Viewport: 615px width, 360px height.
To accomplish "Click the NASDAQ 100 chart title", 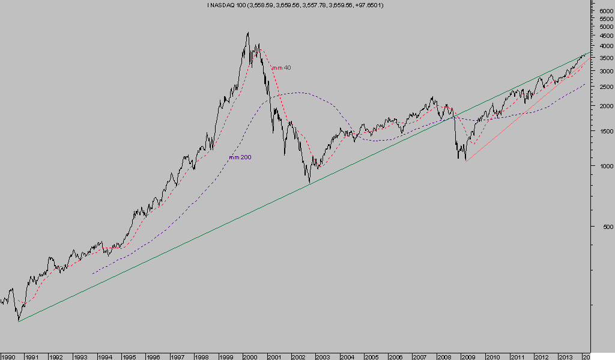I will (295, 5).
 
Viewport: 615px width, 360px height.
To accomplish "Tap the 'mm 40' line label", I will (281, 68).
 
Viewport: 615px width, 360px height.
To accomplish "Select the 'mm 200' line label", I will (240, 157).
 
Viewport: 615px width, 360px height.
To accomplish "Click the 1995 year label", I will (129, 356).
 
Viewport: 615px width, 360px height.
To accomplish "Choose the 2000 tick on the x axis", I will (250, 356).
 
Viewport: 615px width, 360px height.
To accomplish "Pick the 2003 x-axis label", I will (323, 356).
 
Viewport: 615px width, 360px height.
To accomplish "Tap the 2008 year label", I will (444, 356).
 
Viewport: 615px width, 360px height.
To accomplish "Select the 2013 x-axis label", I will (566, 356).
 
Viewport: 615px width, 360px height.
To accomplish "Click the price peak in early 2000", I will (248, 32).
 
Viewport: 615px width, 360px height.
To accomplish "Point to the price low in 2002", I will (309, 183).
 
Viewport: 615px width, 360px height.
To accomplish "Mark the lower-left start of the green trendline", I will (19, 322).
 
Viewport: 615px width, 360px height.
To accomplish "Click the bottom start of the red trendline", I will (466, 160).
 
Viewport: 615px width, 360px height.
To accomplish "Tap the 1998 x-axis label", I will (202, 356).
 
